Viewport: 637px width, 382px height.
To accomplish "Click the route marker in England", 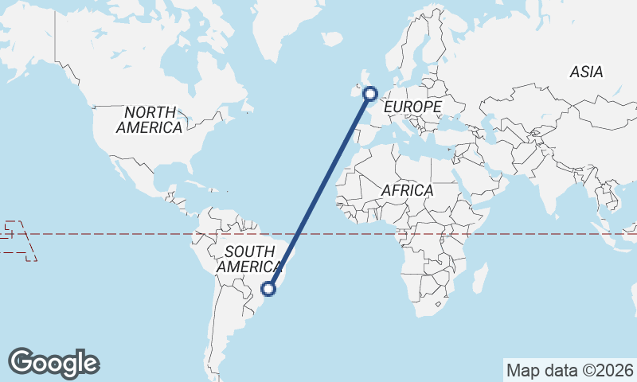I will (370, 94).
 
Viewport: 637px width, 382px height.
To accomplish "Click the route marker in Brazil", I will (269, 289).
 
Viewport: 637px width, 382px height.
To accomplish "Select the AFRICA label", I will (407, 191).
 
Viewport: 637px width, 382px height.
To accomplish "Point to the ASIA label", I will (586, 72).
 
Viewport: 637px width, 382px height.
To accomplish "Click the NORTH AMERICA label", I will (149, 119).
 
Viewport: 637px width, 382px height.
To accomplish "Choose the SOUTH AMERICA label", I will (249, 259).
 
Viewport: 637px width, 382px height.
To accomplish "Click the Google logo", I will (53, 362).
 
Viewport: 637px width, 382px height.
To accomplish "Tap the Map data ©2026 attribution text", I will (570, 370).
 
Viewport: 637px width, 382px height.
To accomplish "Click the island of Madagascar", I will (480, 279).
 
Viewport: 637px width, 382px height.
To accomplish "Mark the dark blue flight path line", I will (319, 192).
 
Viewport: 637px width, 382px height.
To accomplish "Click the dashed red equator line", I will (119, 234).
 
